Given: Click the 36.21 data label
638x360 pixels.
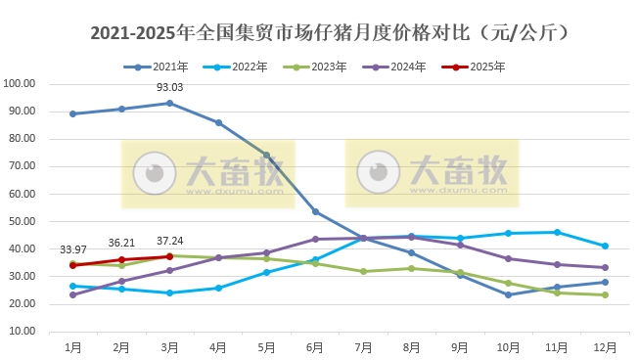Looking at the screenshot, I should (x=121, y=243).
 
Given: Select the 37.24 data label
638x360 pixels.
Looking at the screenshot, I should (x=170, y=241).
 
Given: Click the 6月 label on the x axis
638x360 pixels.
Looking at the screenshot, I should (x=315, y=346).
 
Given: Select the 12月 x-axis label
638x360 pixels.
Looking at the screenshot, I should (x=605, y=346).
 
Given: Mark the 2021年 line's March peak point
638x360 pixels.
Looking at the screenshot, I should (x=170, y=103).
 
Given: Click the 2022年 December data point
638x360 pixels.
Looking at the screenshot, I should (x=605, y=246).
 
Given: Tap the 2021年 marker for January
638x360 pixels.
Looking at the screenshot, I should (x=73, y=113).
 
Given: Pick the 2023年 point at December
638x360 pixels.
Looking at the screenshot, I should (x=605, y=294).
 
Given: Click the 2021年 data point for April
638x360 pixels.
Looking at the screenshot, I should (x=218, y=122).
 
